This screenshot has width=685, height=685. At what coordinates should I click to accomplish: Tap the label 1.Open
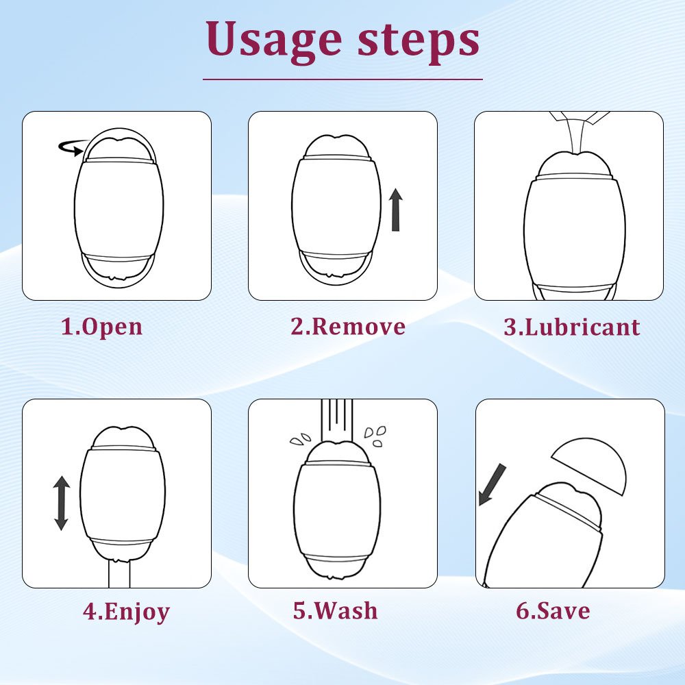(x=101, y=327)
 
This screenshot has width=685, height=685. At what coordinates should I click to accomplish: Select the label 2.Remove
(x=348, y=326)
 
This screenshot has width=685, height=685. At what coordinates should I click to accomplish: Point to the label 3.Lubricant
(x=572, y=327)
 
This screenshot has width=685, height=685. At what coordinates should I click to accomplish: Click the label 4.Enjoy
(x=126, y=611)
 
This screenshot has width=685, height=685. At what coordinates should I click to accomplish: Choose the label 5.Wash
(x=335, y=610)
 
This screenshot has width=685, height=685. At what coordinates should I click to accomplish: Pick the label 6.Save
(x=553, y=610)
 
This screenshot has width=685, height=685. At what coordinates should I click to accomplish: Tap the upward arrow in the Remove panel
(x=396, y=210)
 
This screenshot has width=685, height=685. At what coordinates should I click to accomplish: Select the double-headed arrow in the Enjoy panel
(x=61, y=503)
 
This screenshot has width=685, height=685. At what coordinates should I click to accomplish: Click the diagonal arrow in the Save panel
(x=492, y=485)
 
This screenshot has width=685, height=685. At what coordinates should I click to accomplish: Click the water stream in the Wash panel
(x=337, y=421)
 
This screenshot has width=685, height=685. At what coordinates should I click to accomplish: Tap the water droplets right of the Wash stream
(x=375, y=436)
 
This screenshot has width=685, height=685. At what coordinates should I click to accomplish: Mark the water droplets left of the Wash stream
(x=300, y=439)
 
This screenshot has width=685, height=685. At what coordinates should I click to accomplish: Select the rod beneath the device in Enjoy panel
(x=119, y=573)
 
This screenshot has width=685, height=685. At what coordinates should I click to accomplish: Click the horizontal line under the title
(x=342, y=79)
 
